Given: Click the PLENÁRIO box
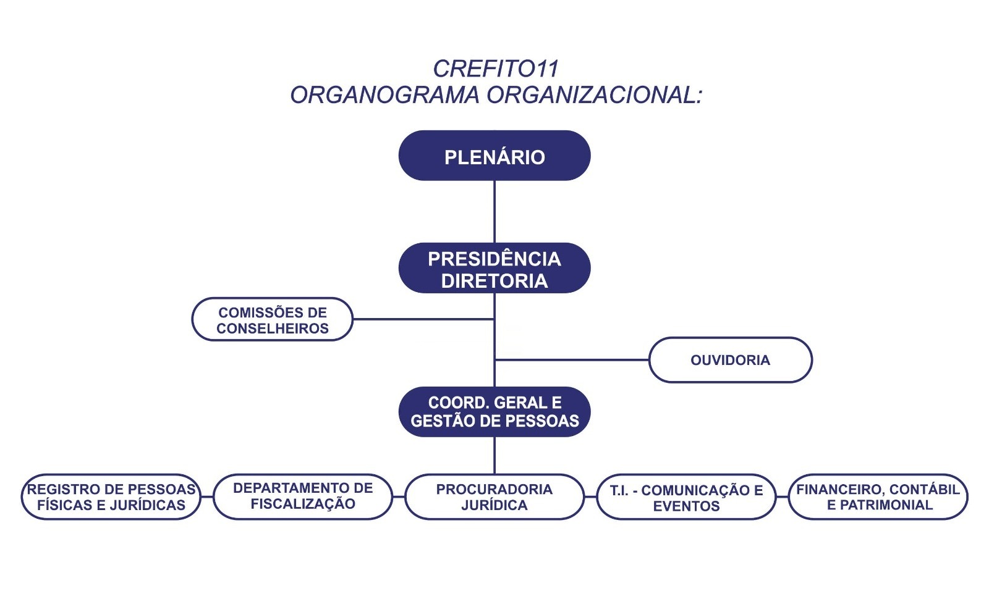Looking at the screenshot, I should tap(494, 156).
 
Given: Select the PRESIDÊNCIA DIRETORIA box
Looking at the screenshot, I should tap(494, 268).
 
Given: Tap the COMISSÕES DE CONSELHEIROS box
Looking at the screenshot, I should tap(272, 319).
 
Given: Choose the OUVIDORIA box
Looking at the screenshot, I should tap(730, 360).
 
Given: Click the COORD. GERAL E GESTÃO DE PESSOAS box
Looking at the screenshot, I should tap(494, 412).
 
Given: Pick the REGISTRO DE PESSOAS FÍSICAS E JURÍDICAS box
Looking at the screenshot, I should tap(111, 497).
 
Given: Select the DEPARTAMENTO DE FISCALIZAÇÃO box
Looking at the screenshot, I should tap(303, 496).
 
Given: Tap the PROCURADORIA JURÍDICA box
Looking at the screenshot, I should tap(494, 497).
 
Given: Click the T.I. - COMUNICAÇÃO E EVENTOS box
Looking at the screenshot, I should tap(686, 498).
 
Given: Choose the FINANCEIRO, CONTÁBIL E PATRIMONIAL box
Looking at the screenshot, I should tap(878, 497).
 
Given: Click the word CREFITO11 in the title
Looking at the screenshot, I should tap(495, 69).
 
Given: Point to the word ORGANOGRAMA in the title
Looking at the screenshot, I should tap(384, 95).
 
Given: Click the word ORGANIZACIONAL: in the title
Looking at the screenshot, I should tap(595, 95).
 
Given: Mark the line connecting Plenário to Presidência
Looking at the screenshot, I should tap(494, 211).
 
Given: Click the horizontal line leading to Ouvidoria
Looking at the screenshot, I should tap(572, 359).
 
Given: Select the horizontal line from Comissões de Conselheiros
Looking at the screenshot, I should tap(423, 319).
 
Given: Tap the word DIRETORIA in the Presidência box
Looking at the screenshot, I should tap(494, 281).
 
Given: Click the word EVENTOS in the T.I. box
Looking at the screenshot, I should tap(686, 506).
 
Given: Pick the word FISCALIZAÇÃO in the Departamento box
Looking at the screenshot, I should tap(303, 504).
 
